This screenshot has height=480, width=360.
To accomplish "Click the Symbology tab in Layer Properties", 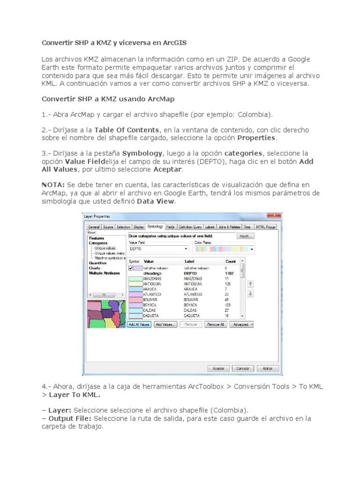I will click(x=155, y=227).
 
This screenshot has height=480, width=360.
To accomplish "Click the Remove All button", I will click(x=216, y=324).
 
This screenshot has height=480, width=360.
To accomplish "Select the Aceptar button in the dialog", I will click(x=218, y=368).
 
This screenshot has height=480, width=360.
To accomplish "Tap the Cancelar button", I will click(x=243, y=368).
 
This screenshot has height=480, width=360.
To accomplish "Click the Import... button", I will click(x=245, y=236).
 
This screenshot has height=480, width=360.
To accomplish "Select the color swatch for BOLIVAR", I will click(x=135, y=300).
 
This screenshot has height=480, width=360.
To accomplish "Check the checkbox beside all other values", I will click(x=131, y=268).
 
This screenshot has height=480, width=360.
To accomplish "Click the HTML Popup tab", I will click(x=266, y=227).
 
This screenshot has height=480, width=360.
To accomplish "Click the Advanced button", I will click(x=242, y=324).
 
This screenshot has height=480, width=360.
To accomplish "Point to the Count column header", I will click(x=231, y=261).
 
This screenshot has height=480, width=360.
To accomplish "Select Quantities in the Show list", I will click(x=97, y=263).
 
